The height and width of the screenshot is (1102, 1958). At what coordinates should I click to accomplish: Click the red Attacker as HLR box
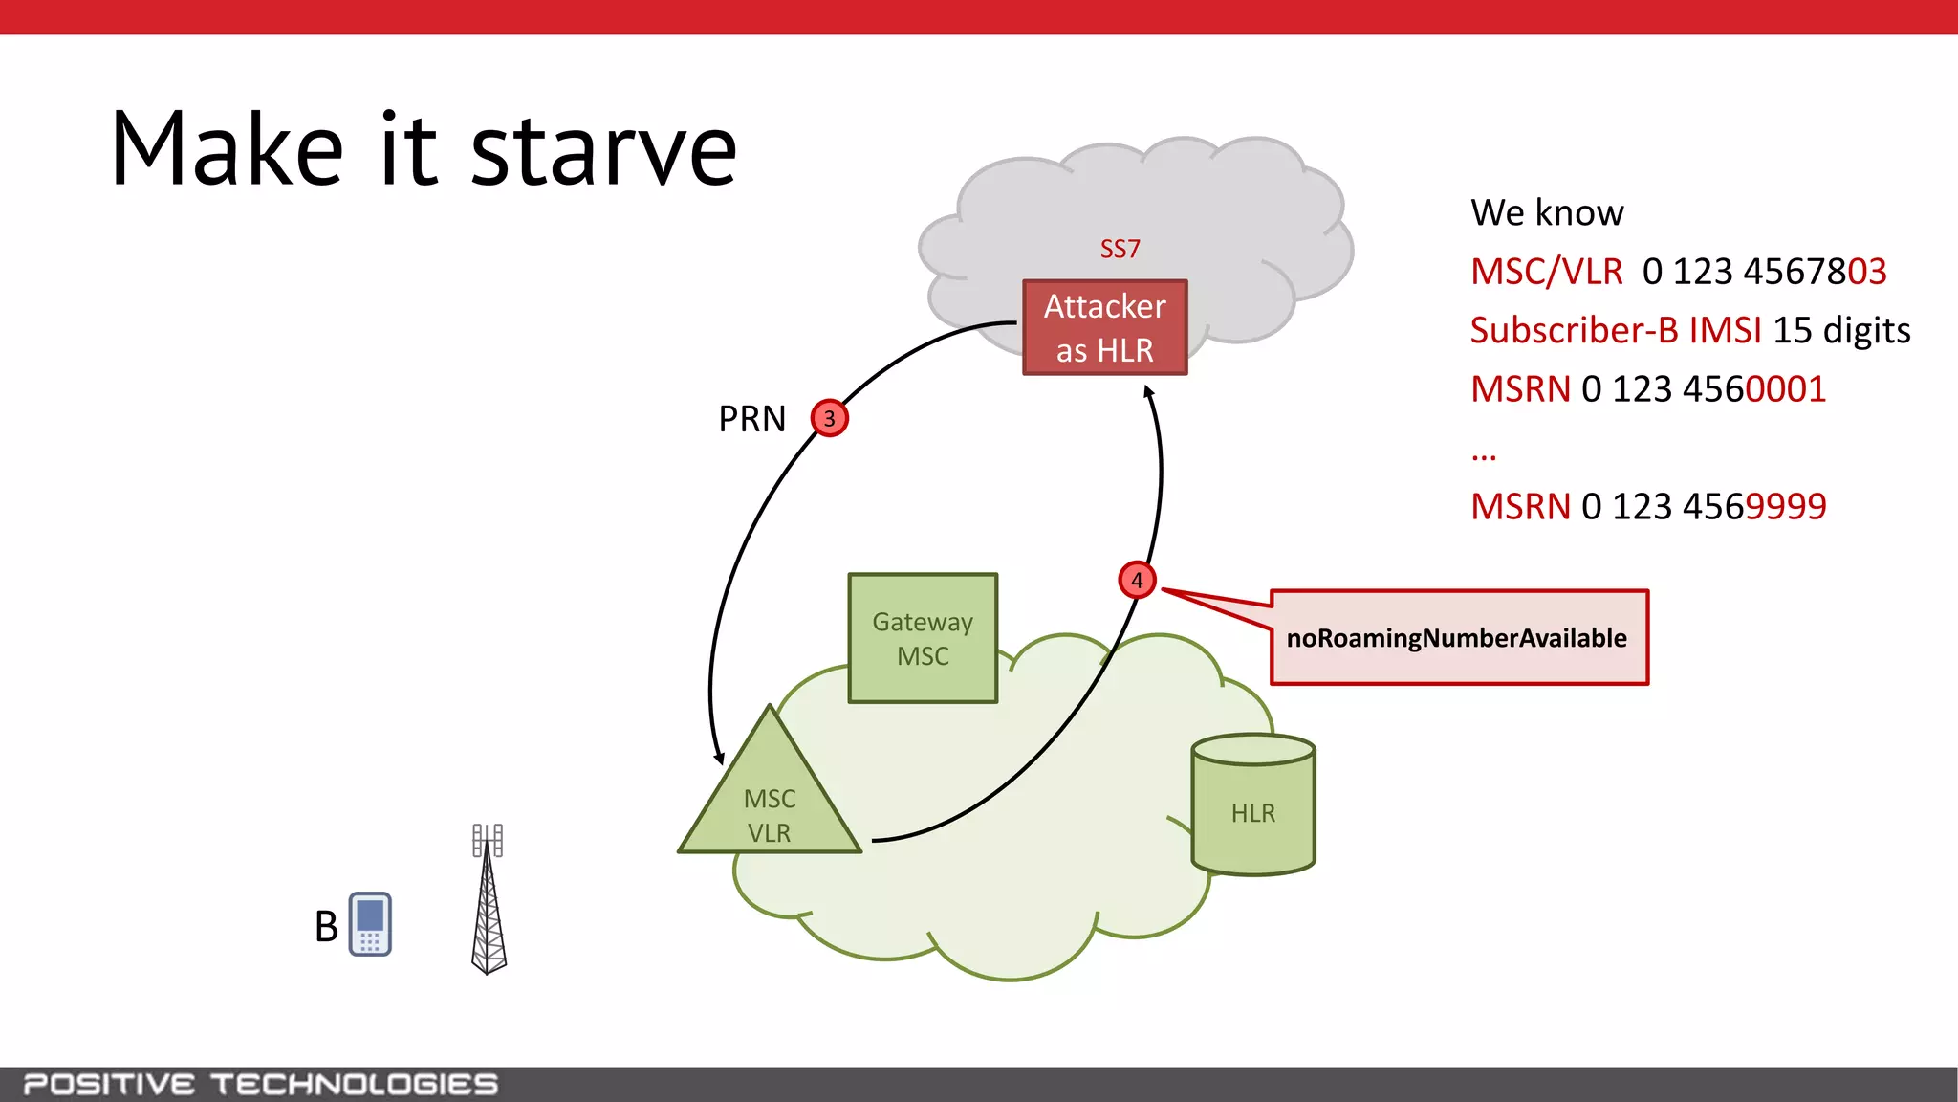click(1104, 327)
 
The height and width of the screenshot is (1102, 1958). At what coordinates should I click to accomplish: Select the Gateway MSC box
click(923, 638)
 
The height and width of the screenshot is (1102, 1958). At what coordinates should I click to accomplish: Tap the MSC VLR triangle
click(770, 804)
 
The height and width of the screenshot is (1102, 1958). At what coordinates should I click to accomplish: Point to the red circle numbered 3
click(829, 418)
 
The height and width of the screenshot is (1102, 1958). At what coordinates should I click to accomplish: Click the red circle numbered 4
click(1137, 580)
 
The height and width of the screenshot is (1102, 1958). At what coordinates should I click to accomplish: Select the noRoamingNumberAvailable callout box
click(1458, 638)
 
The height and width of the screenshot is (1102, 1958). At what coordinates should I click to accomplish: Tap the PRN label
click(751, 419)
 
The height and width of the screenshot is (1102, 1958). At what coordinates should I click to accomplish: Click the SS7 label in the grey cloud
click(1120, 250)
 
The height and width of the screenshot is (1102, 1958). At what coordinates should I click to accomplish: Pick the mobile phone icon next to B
click(370, 924)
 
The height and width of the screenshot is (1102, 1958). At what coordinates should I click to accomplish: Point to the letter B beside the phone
click(326, 926)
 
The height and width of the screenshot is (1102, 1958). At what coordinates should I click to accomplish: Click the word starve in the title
click(604, 151)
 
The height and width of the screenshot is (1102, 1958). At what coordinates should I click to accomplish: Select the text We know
click(1547, 212)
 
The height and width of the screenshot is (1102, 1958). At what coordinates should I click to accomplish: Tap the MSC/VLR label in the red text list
click(1546, 272)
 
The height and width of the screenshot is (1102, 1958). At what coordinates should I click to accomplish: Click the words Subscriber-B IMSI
click(1615, 330)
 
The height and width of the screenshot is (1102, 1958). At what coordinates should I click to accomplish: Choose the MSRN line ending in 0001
click(1647, 389)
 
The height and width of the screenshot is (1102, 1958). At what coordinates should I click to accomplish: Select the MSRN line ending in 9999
click(1647, 506)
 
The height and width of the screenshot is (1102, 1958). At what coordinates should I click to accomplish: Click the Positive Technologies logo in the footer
click(260, 1084)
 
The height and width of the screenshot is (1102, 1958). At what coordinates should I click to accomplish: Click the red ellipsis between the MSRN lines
click(1483, 454)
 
